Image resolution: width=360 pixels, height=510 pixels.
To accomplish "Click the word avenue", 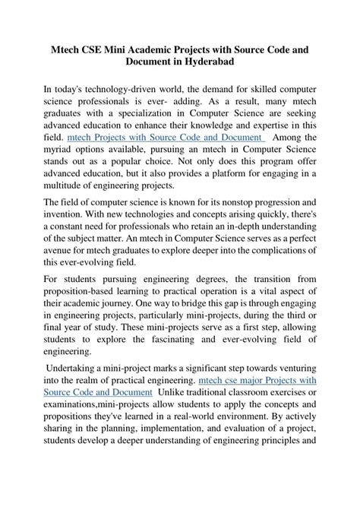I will click(x=62, y=252).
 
